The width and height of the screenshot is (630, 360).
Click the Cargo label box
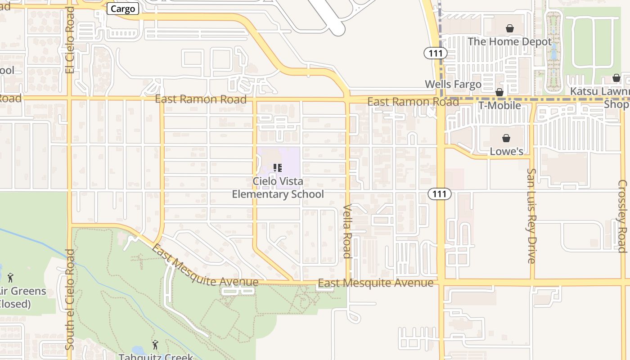[123, 9]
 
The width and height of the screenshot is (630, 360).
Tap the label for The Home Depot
[509, 42]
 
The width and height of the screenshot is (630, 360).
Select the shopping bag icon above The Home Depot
[510, 29]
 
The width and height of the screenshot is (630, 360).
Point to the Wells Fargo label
[453, 84]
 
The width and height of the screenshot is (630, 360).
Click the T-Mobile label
[499, 106]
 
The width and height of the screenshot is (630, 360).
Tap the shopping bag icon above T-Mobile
[499, 93]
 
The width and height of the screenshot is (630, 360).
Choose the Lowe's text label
[506, 151]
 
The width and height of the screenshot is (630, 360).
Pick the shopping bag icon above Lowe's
[506, 138]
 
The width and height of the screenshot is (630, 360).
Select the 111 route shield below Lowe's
[439, 194]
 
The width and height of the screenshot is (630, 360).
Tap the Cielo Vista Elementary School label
[278, 188]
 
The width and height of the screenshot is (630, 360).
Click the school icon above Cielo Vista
[278, 168]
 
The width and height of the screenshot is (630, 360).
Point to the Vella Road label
[347, 231]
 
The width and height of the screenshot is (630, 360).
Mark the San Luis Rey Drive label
[531, 216]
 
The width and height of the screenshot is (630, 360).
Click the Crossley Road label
[622, 216]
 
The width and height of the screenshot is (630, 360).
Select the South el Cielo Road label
[69, 299]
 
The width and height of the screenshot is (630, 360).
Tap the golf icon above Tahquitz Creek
[155, 345]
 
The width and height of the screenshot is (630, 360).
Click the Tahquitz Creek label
[156, 357]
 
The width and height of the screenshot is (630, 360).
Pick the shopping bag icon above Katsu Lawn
[616, 78]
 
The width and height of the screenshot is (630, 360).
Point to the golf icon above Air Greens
[10, 278]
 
